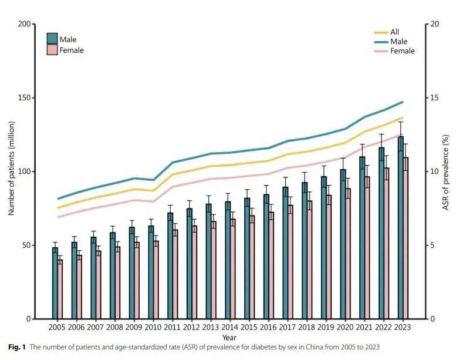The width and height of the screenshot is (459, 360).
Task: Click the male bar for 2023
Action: click(x=401, y=229)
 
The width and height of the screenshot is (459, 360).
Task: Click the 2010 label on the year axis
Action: click(x=153, y=327)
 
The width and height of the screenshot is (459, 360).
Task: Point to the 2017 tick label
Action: click(x=287, y=327)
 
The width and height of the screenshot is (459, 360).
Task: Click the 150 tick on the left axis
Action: click(x=26, y=98)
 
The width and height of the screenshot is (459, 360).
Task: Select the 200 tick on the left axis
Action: click(x=26, y=24)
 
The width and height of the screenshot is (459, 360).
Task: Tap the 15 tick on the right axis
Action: click(x=436, y=98)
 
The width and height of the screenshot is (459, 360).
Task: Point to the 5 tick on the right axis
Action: click(x=433, y=245)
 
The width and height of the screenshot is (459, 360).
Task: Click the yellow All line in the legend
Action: click(x=381, y=32)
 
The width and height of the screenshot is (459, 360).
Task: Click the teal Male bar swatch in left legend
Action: click(x=52, y=39)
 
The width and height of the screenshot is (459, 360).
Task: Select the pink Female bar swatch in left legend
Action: click(x=52, y=50)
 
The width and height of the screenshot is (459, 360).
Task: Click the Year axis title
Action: click(x=230, y=338)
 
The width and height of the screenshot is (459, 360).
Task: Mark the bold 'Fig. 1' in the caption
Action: click(x=18, y=348)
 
